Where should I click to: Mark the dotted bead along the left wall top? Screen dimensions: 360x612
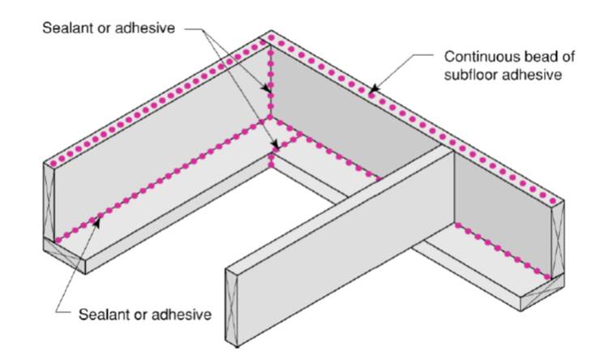click(154, 101)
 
